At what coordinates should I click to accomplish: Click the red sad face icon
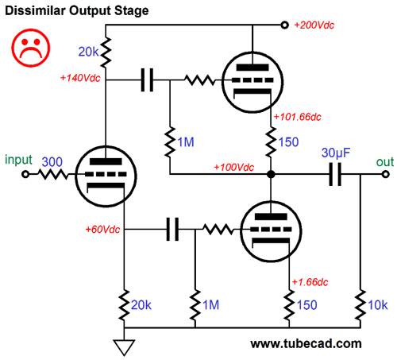tap(29, 48)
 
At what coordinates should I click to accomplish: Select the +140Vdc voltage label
tap(81, 79)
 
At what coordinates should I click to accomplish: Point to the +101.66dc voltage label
tap(299, 118)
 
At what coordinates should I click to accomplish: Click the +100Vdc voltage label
tap(233, 168)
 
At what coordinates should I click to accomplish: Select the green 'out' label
tap(385, 161)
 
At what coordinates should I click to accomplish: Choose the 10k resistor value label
tap(379, 304)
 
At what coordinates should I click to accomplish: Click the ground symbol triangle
tap(124, 346)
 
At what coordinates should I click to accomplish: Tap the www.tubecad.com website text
tap(306, 344)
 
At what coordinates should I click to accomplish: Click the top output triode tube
tap(251, 79)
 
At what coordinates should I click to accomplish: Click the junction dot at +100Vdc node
tap(271, 175)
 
